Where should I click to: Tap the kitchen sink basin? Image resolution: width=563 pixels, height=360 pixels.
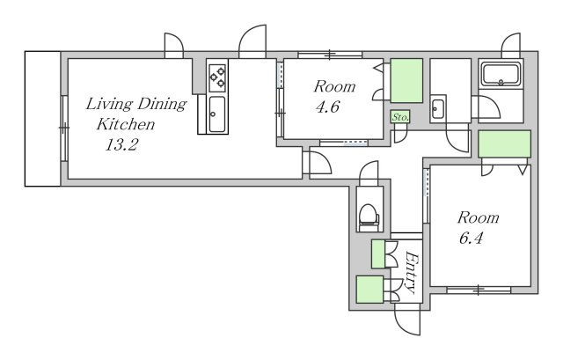pyautogui.click(x=217, y=114)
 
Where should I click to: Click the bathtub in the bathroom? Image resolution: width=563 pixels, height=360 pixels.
pyautogui.click(x=501, y=74)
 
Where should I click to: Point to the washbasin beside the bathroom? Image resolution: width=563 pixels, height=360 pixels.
pyautogui.click(x=438, y=108)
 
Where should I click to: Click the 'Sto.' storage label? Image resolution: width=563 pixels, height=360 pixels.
pyautogui.click(x=400, y=117)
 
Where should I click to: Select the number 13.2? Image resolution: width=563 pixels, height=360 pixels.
pyautogui.click(x=121, y=144)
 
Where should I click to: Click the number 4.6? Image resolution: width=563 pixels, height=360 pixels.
pyautogui.click(x=328, y=107)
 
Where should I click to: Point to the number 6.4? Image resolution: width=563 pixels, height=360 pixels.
pyautogui.click(x=472, y=239)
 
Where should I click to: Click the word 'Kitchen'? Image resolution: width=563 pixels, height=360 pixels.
pyautogui.click(x=126, y=124)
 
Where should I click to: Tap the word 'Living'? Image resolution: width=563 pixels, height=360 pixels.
pyautogui.click(x=109, y=104)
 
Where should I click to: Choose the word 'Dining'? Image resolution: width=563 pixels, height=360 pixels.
pyautogui.click(x=162, y=104)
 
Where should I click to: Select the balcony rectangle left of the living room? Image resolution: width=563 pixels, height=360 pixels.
pyautogui.click(x=43, y=119)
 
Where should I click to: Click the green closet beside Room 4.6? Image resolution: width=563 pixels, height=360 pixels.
pyautogui.click(x=406, y=80)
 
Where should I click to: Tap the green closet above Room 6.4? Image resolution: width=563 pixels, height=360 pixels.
pyautogui.click(x=504, y=143)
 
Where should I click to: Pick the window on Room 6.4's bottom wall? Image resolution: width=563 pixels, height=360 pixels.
pyautogui.click(x=479, y=290)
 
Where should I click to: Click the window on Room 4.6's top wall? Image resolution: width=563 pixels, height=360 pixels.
pyautogui.click(x=330, y=55)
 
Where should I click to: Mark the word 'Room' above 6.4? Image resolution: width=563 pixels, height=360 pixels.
pyautogui.click(x=478, y=217)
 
